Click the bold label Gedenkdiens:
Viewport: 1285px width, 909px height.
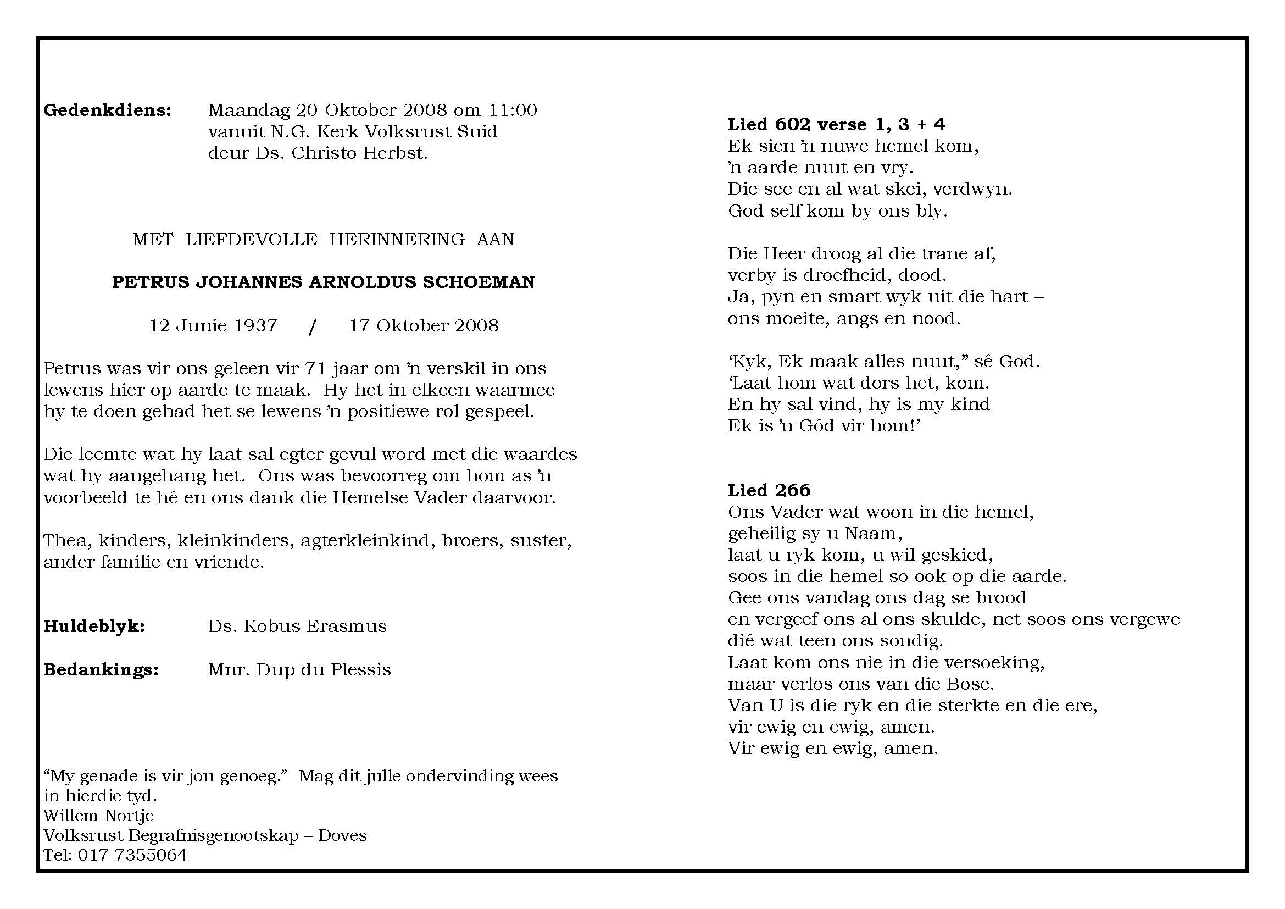[107, 110]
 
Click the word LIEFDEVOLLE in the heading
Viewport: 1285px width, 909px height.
[251, 240]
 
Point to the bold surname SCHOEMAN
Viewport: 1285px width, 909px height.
[479, 282]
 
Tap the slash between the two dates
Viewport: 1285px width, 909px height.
[312, 326]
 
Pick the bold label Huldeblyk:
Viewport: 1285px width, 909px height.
[94, 627]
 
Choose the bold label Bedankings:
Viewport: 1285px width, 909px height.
[101, 670]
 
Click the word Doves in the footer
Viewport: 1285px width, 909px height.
[342, 836]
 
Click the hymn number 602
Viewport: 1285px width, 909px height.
[794, 124]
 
